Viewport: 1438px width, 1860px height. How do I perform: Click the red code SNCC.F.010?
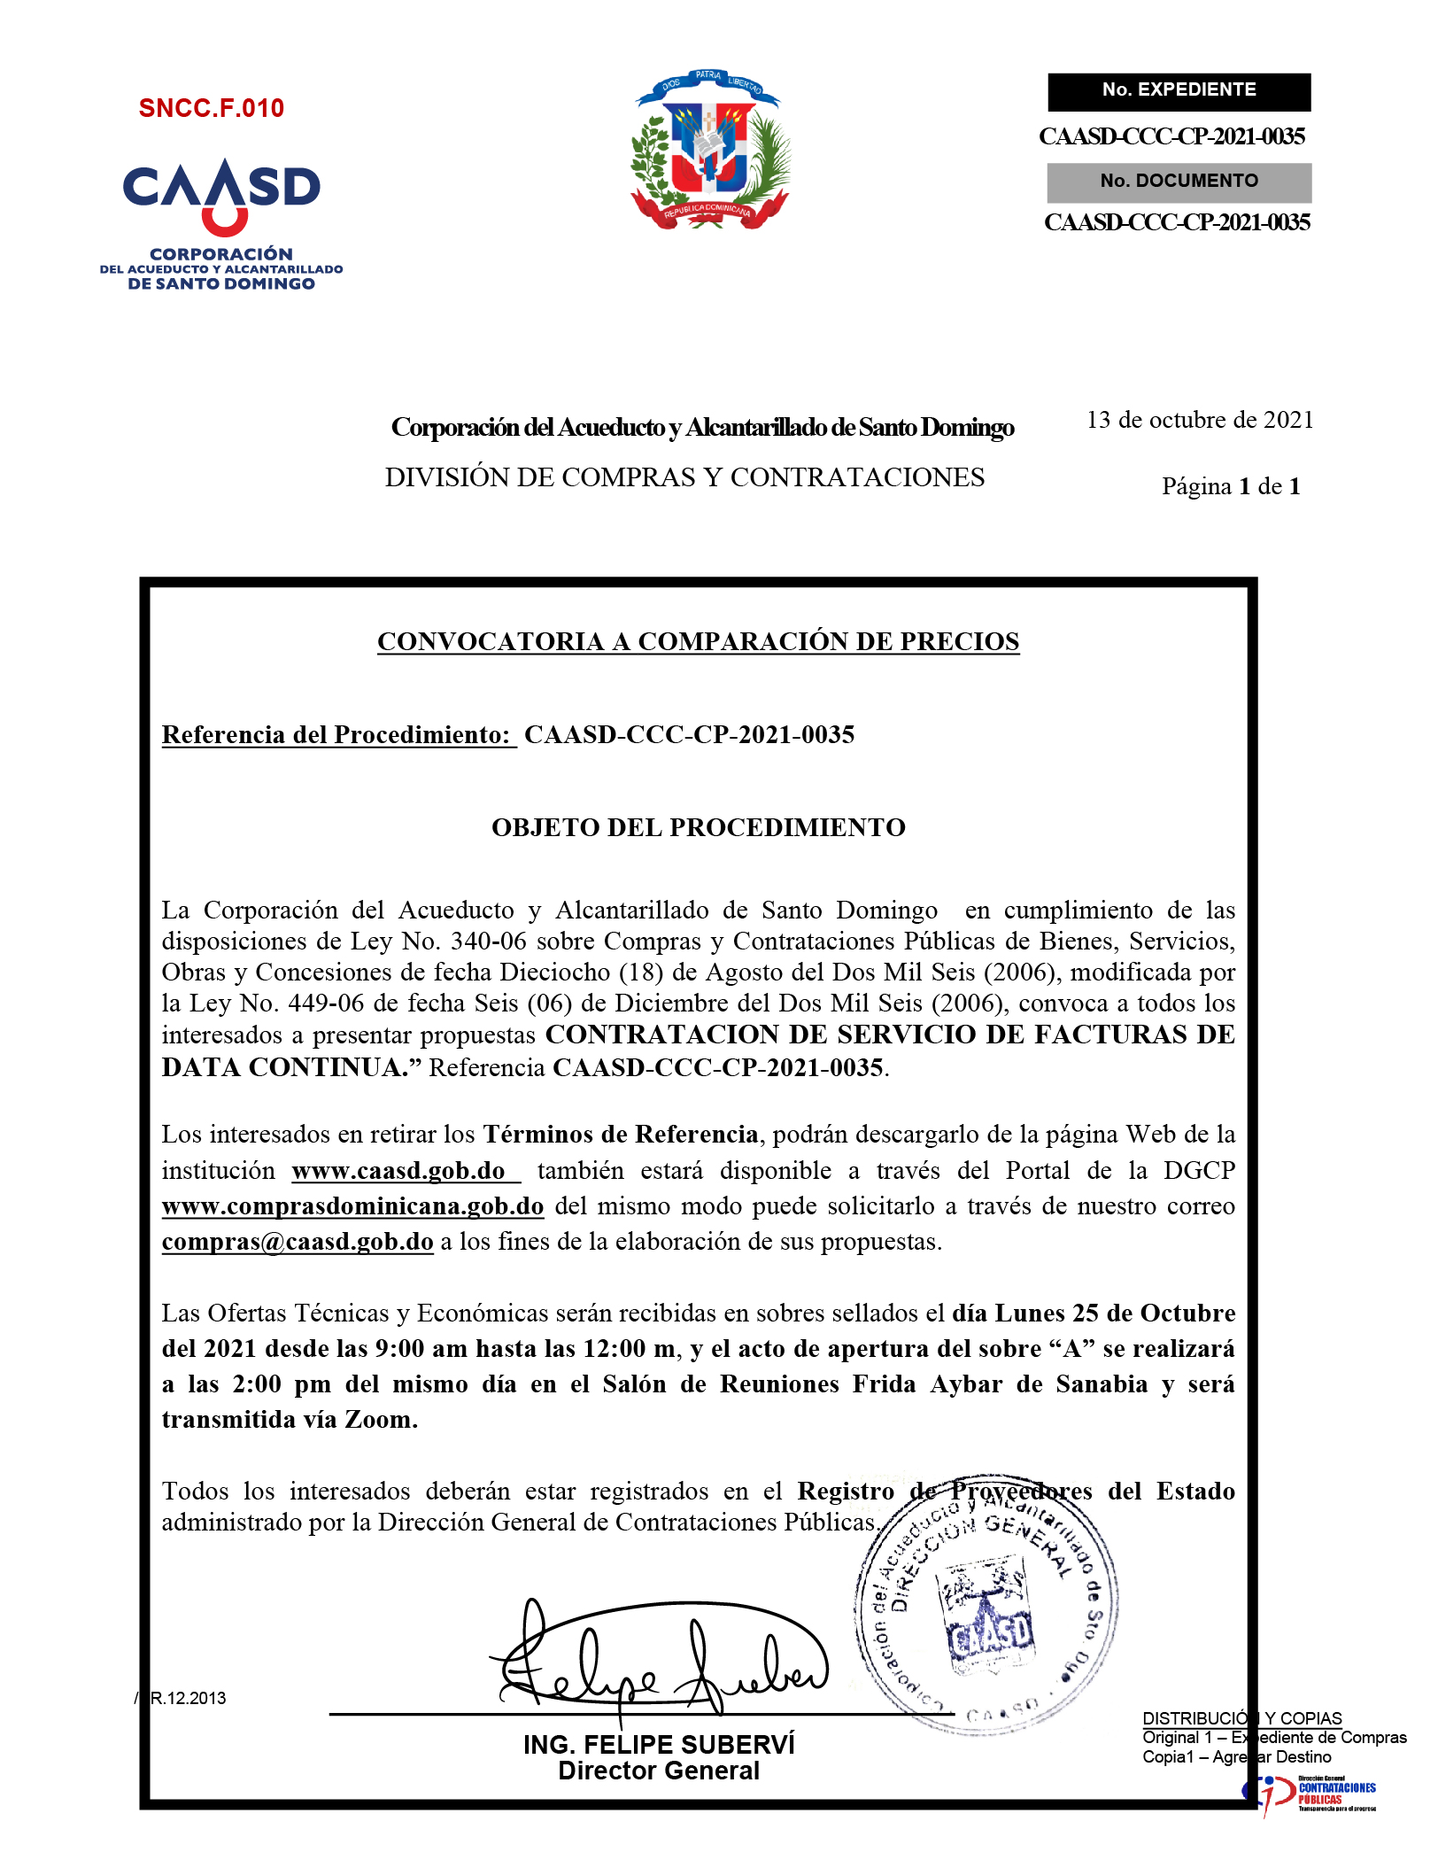(x=212, y=108)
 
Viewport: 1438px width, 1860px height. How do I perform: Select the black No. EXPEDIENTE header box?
(x=1179, y=91)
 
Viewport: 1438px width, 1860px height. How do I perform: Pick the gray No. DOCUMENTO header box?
(x=1179, y=182)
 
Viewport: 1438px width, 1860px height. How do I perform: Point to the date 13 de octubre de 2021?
(x=1200, y=420)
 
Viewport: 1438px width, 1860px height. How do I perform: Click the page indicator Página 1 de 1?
(x=1231, y=486)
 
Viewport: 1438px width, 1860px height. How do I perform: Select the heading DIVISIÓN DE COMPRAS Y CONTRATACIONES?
(x=684, y=477)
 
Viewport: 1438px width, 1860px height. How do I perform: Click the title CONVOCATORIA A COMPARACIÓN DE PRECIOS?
(x=698, y=641)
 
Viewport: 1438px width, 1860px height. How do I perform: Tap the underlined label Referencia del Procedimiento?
(x=336, y=734)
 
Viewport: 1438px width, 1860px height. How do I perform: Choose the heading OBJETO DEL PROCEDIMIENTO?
(x=698, y=827)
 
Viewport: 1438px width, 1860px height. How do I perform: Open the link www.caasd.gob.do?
(x=398, y=1171)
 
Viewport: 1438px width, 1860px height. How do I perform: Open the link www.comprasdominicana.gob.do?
(x=352, y=1206)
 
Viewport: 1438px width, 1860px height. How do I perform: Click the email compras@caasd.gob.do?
(x=298, y=1242)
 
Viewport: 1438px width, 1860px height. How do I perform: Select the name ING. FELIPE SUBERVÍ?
(x=659, y=1745)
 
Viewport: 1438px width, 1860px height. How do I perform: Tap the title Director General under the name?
(x=659, y=1771)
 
